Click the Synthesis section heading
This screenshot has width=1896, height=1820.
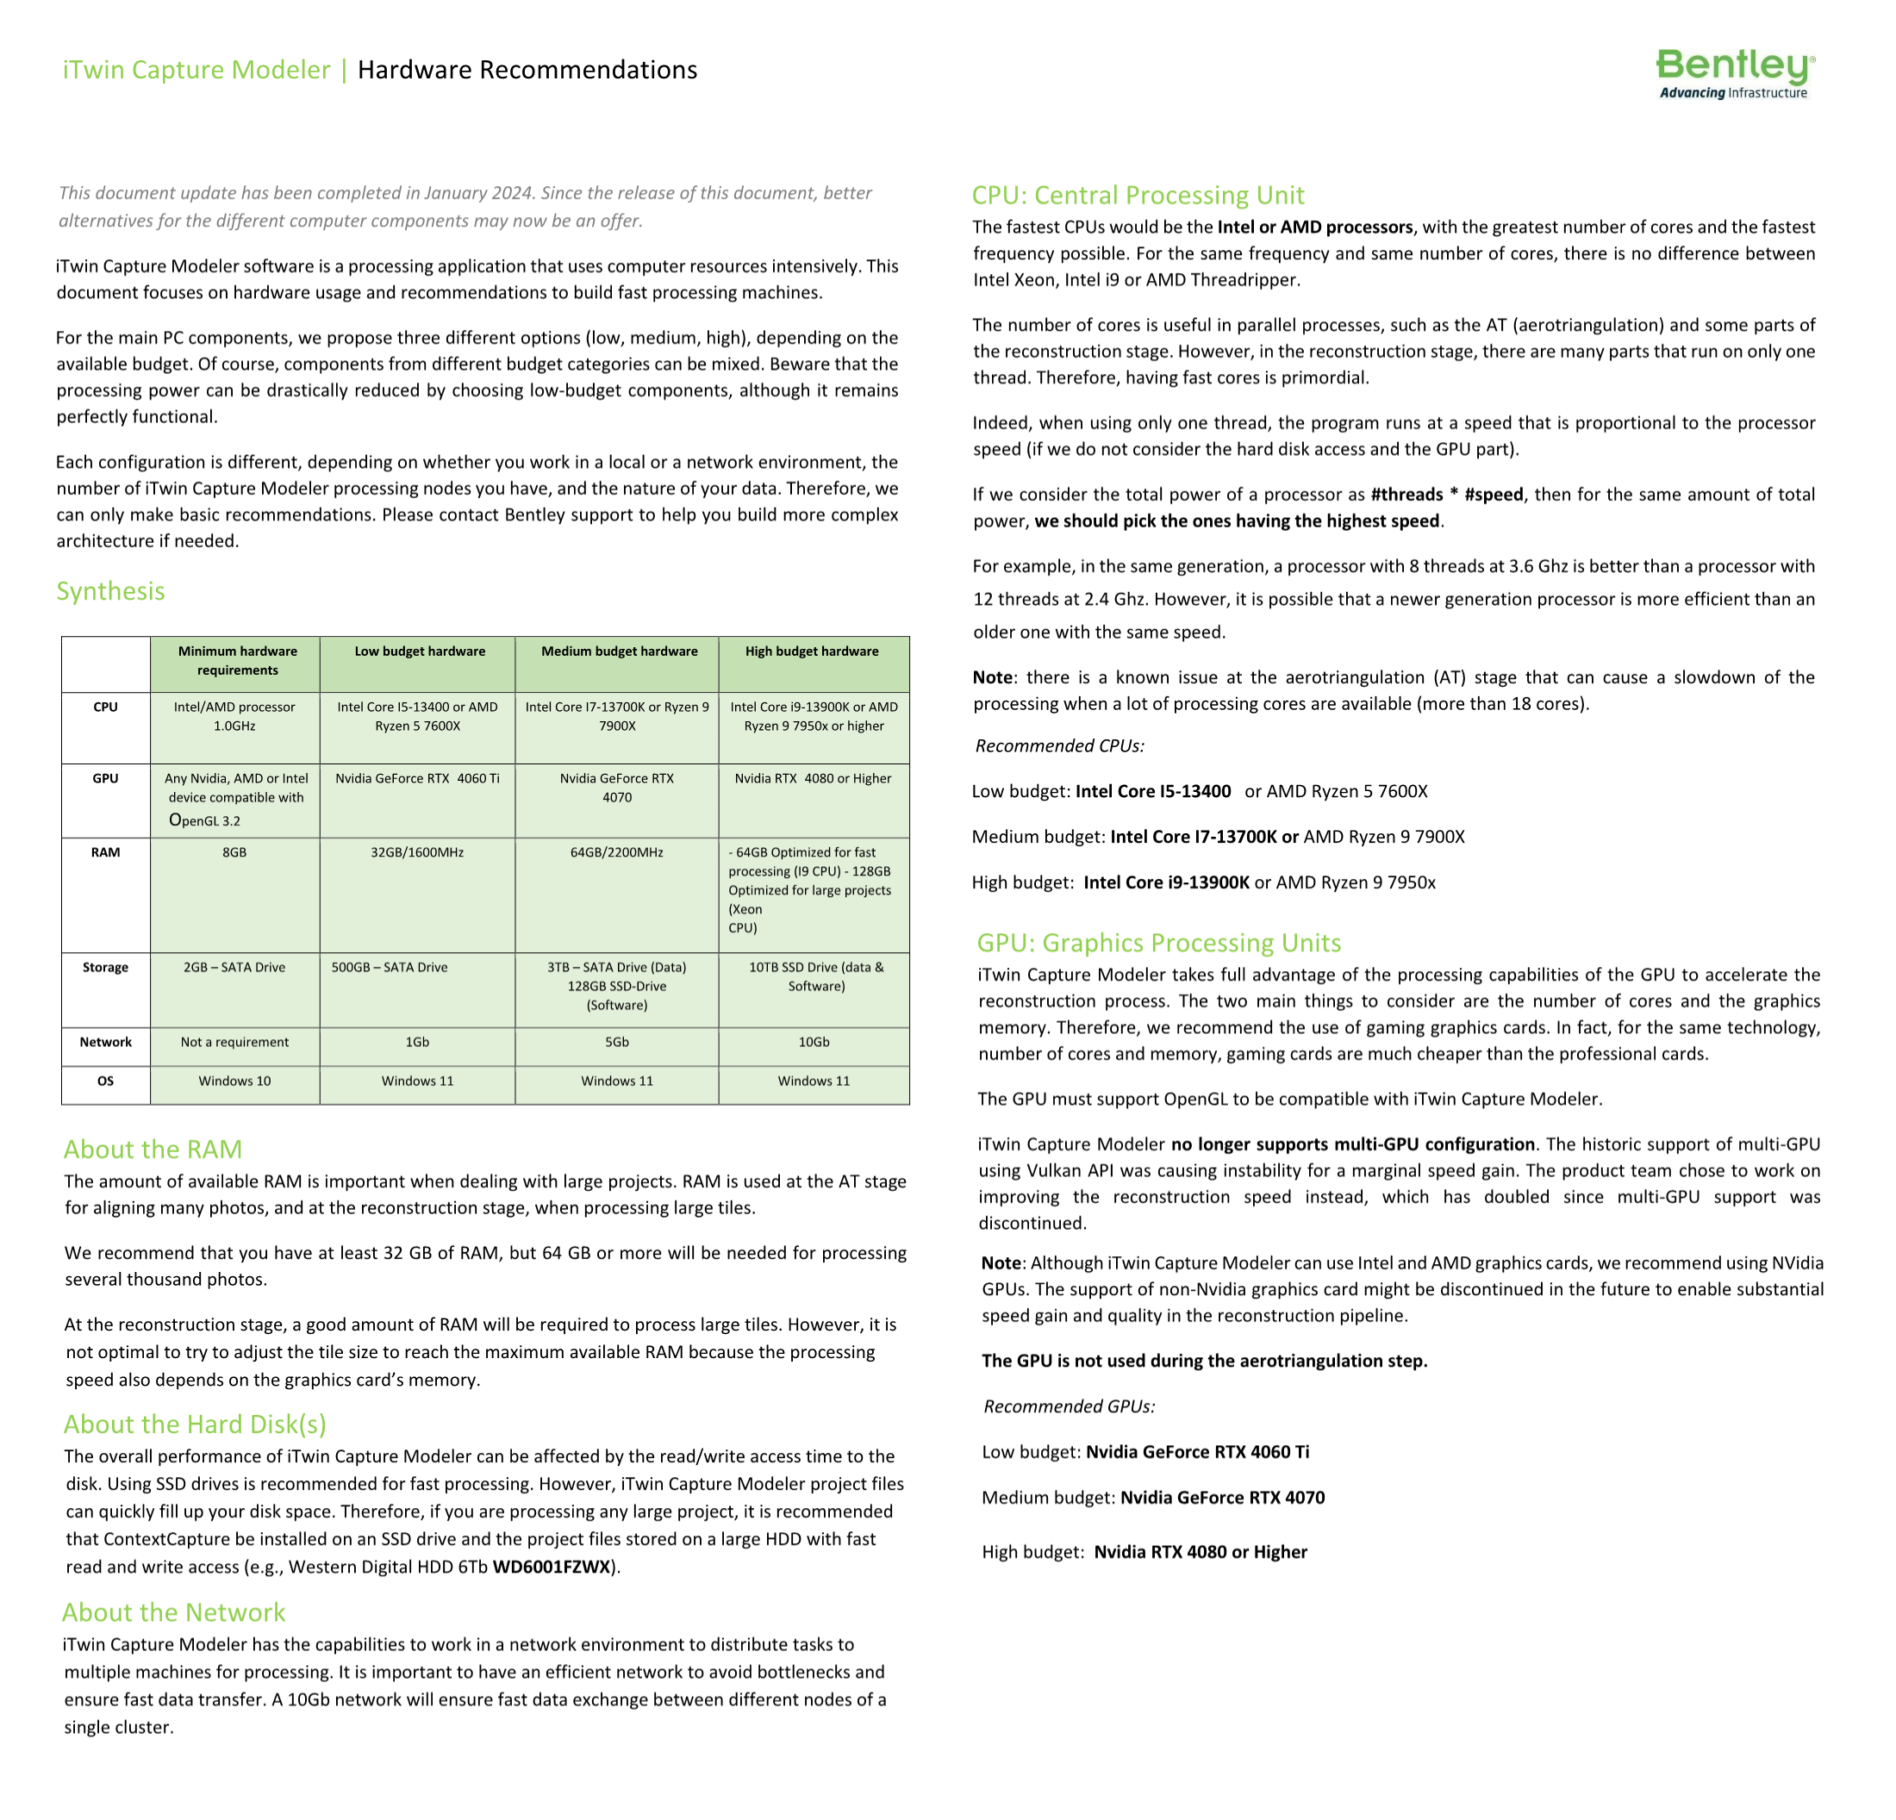tap(110, 591)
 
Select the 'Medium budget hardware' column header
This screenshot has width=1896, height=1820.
tap(619, 651)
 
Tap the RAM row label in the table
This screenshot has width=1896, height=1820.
tap(105, 852)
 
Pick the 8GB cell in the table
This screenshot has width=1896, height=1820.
tap(234, 852)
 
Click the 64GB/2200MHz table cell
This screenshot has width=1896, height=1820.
tap(616, 852)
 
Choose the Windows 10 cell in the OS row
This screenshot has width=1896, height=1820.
tap(234, 1081)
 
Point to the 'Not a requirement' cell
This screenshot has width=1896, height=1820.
tap(234, 1042)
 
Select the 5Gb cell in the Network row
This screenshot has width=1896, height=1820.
tap(616, 1042)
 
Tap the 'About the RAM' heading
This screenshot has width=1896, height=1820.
tap(153, 1149)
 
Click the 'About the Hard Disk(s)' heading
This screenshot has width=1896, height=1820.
tap(195, 1424)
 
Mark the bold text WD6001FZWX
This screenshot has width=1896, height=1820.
tap(552, 1567)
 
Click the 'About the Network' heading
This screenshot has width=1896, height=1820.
tap(173, 1612)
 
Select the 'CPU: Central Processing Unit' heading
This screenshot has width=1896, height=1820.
tap(1138, 196)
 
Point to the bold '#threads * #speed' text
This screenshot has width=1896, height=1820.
tap(1446, 494)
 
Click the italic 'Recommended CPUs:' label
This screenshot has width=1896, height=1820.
tap(1059, 745)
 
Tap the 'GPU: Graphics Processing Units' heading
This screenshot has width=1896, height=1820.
tap(1159, 943)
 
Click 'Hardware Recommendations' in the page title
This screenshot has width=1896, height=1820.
tap(527, 70)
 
